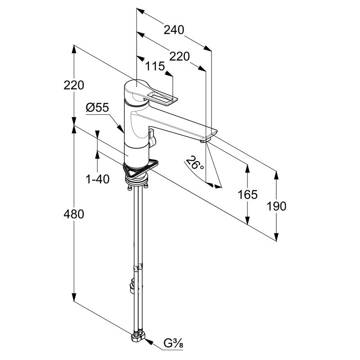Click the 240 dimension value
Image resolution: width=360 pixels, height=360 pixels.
pos(174,30)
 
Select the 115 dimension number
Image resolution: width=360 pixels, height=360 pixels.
pos(155,66)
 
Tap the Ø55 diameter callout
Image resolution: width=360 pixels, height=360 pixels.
pos(97,107)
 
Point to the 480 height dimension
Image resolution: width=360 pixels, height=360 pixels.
pos(74,214)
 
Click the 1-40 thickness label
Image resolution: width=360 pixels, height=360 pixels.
pos(97,179)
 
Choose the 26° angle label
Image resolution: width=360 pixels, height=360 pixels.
pos(194,162)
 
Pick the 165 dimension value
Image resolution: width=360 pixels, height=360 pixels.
pos(247,195)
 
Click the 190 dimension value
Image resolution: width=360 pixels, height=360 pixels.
pos(276,206)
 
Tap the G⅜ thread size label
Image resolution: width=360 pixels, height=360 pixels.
pos(173,343)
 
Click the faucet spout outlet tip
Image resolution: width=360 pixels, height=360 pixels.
pos(205,141)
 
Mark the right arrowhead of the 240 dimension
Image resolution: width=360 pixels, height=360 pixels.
pos(207,48)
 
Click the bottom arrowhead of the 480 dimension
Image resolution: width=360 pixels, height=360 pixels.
pos(74,297)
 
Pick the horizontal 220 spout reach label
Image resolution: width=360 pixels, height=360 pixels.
pos(180,57)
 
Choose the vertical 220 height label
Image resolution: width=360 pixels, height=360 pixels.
pos(74,85)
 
